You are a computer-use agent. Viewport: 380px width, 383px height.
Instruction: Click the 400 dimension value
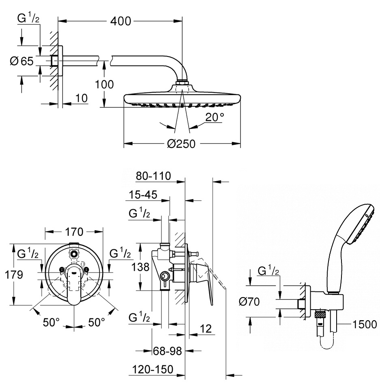[121, 21]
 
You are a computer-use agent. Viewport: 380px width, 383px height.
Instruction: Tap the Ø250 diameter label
[181, 144]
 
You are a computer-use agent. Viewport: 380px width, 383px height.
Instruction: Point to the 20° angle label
[214, 117]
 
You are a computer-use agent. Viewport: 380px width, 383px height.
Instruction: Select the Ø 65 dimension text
[21, 61]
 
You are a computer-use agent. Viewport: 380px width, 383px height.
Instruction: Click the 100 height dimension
[104, 85]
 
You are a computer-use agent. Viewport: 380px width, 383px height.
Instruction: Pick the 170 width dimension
[74, 232]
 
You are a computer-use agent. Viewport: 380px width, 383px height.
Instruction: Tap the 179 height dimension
[14, 275]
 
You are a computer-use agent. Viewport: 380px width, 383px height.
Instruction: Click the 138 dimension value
[140, 267]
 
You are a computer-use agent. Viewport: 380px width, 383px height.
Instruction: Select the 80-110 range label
[153, 176]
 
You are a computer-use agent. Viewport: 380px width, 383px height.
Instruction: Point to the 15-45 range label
[143, 195]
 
